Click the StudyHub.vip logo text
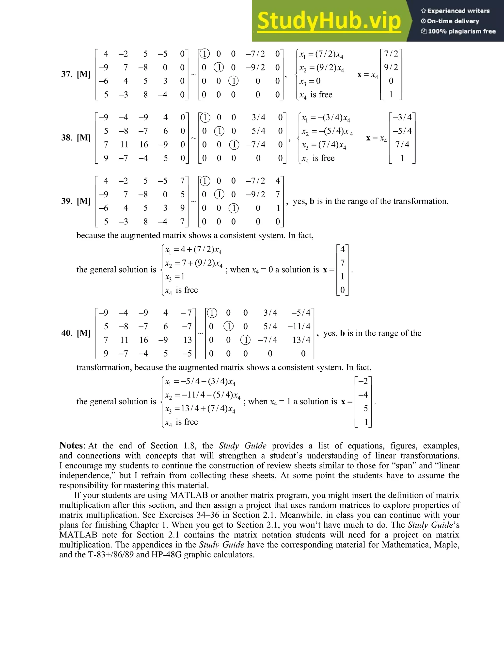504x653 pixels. click(329, 21)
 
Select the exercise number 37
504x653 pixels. click(66, 74)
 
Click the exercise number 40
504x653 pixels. click(66, 333)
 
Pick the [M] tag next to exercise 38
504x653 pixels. click(84, 138)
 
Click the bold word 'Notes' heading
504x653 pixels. click(71, 446)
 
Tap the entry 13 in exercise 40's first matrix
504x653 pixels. click(188, 340)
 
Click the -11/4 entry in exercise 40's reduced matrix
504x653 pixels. click(299, 326)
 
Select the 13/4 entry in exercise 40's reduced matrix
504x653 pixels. click(301, 340)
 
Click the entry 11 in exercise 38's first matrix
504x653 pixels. click(124, 145)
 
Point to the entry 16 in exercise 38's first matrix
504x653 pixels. click(144, 145)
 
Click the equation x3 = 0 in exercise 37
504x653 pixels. click(310, 81)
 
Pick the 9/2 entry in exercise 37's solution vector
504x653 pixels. click(391, 67)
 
